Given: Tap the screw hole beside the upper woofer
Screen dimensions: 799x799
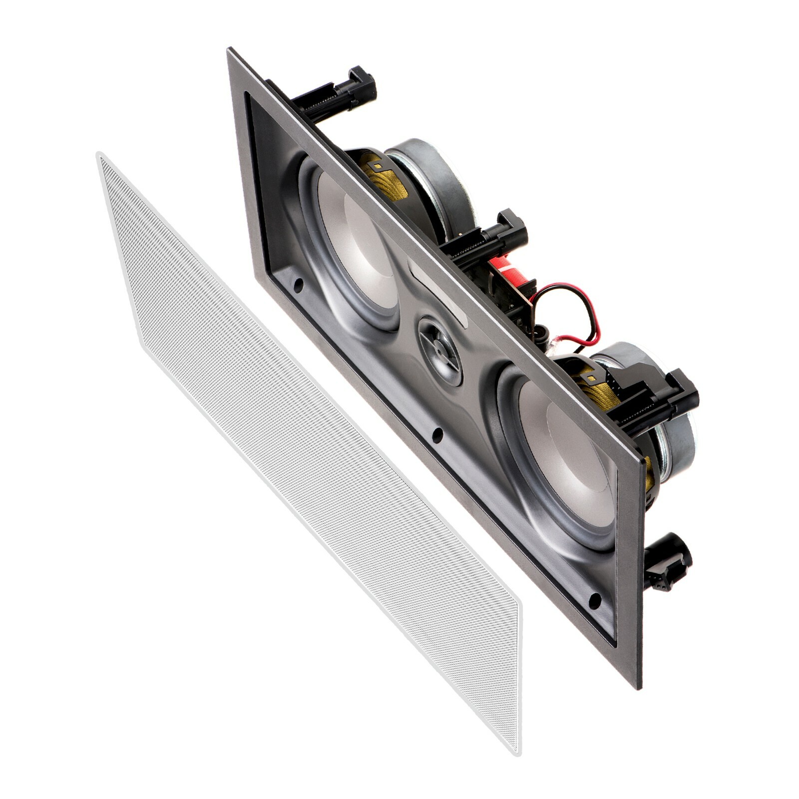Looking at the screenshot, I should pyautogui.click(x=298, y=285).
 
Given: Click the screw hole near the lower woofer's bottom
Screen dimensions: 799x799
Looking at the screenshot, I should pyautogui.click(x=594, y=601).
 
